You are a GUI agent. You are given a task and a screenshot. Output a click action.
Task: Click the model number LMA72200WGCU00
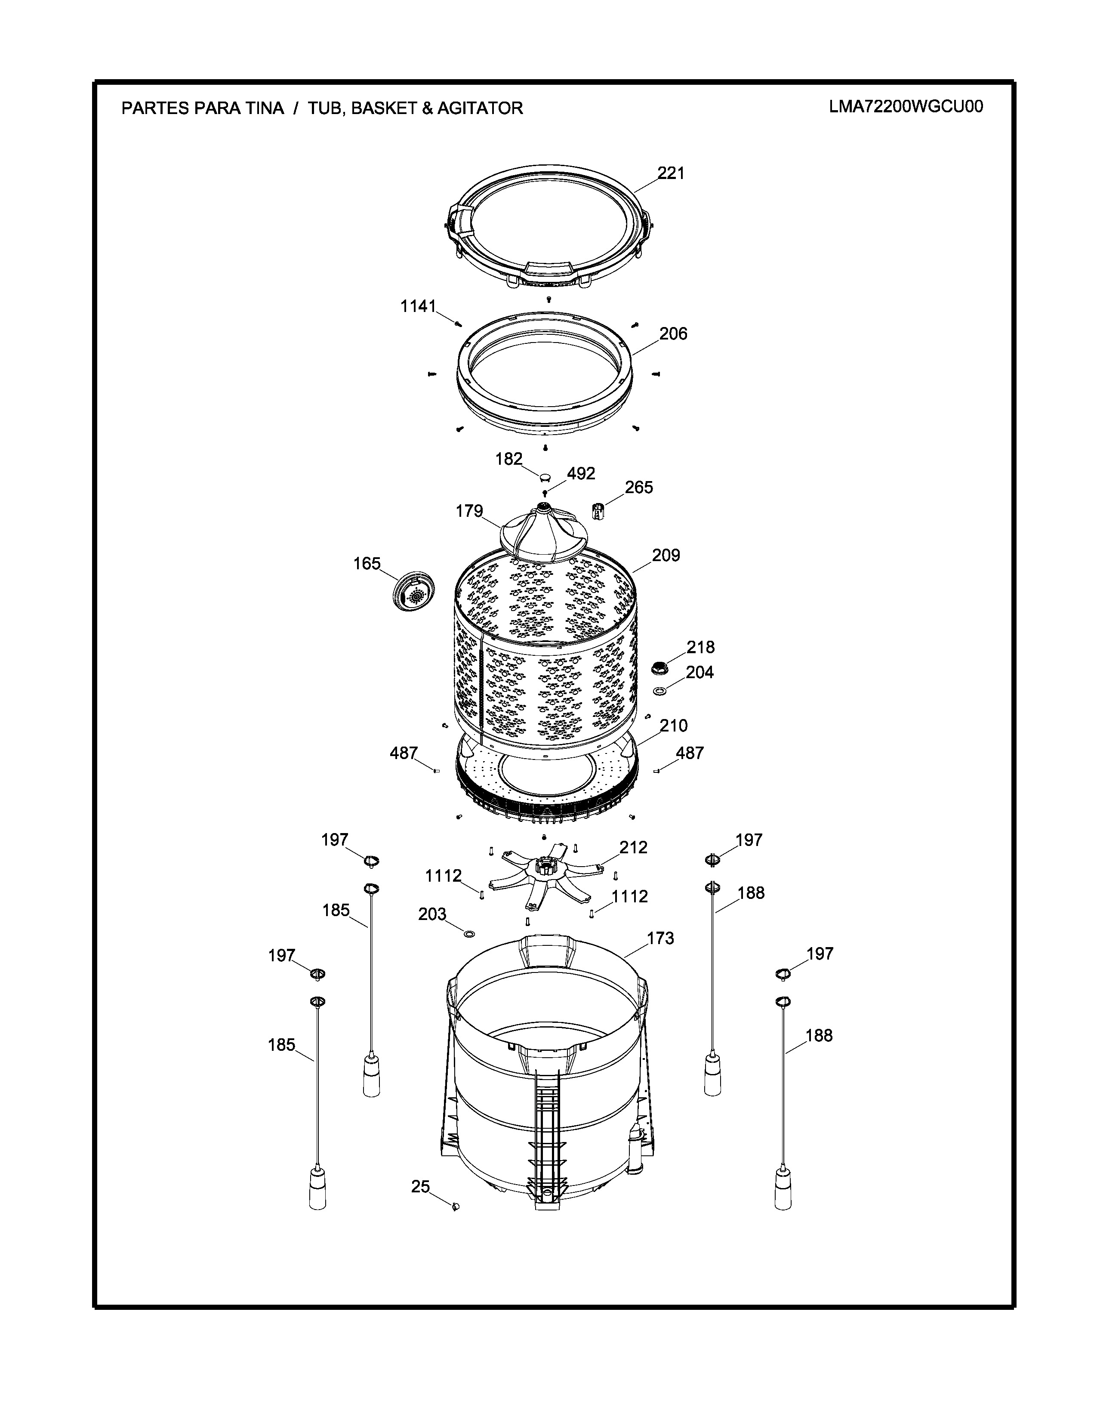coord(906,107)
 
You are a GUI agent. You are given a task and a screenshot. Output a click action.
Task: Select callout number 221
coord(671,173)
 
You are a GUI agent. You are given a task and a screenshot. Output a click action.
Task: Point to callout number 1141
coord(418,306)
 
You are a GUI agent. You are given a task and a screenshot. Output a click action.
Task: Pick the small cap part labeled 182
coord(545,478)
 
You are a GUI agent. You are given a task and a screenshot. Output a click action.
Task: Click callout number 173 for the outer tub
coord(660,938)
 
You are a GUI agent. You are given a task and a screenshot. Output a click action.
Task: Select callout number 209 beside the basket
coord(666,555)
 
